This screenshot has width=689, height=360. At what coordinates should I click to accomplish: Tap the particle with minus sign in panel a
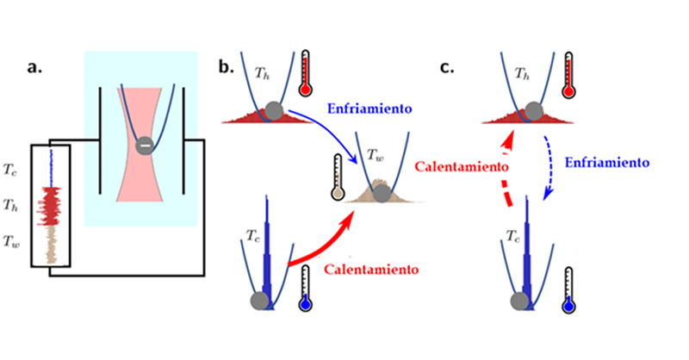(145, 146)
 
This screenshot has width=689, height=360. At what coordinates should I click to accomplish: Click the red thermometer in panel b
(307, 74)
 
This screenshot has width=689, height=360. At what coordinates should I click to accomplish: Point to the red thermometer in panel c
(569, 74)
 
